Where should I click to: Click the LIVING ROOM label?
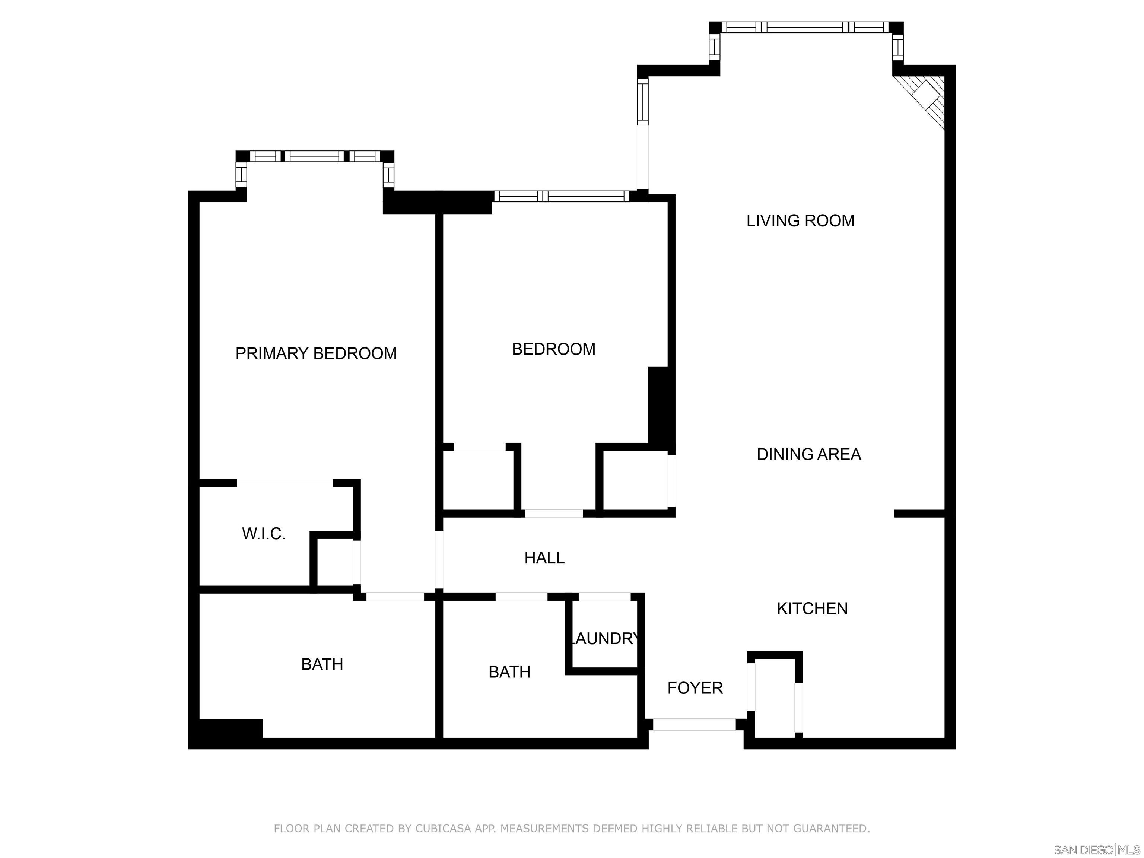(800, 221)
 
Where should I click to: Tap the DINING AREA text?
(808, 454)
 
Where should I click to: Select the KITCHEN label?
(812, 608)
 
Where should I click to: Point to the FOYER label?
(695, 688)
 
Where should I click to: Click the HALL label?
(544, 557)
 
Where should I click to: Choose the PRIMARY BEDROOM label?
(315, 353)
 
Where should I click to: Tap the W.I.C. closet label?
(264, 534)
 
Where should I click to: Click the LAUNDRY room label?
(604, 639)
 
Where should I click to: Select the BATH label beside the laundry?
(509, 672)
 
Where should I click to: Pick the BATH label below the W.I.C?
(322, 664)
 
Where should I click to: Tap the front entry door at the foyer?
(694, 725)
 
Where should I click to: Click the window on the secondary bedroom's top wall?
(561, 196)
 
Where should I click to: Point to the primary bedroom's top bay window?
(315, 156)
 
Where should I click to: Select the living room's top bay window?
(805, 27)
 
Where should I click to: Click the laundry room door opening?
(604, 596)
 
